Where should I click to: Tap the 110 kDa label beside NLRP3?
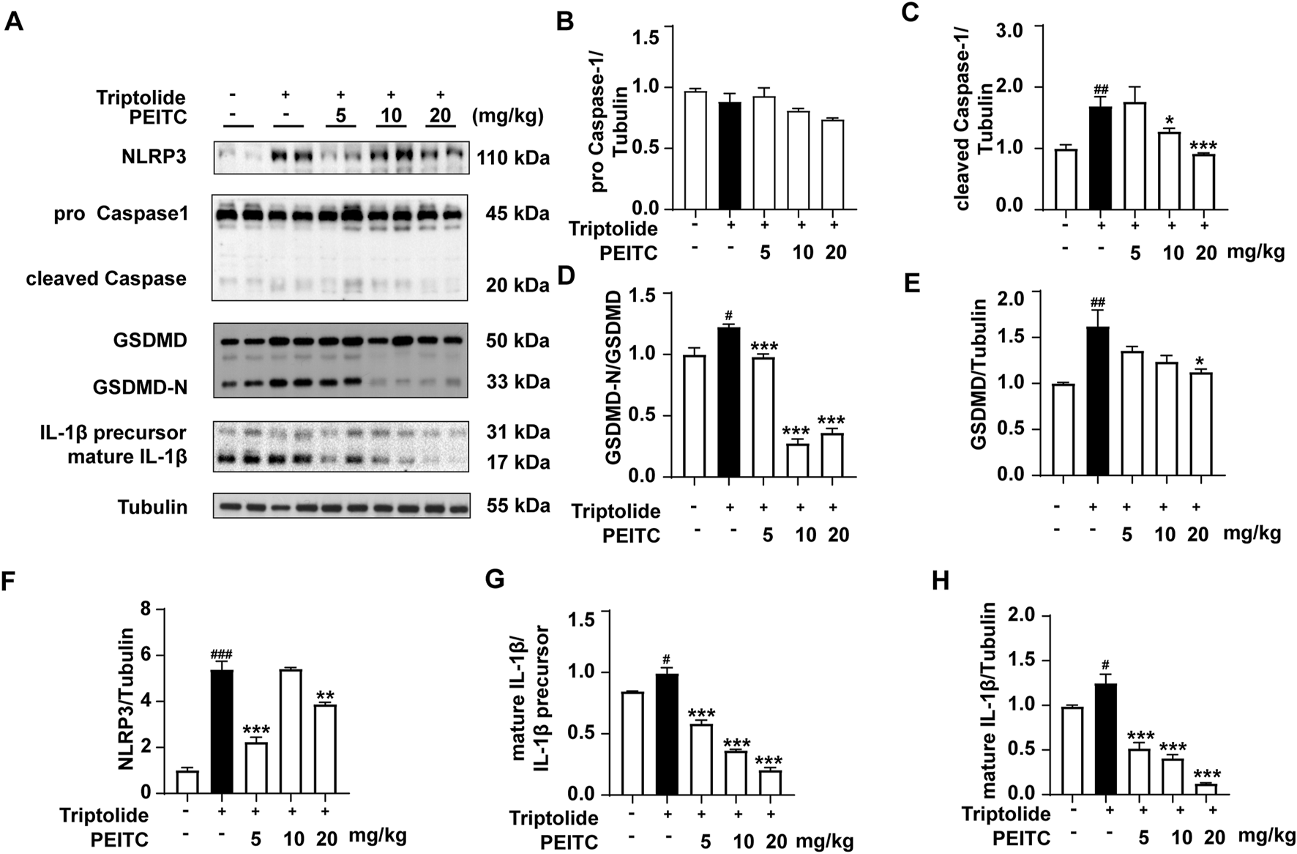(513, 157)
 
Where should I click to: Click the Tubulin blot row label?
(153, 507)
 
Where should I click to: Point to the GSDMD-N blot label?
(140, 387)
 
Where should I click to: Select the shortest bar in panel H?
(1207, 789)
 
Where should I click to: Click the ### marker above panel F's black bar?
(223, 654)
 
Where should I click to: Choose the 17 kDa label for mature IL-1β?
(517, 463)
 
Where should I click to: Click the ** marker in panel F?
(325, 693)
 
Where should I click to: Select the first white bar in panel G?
(630, 743)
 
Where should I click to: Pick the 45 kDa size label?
(517, 214)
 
